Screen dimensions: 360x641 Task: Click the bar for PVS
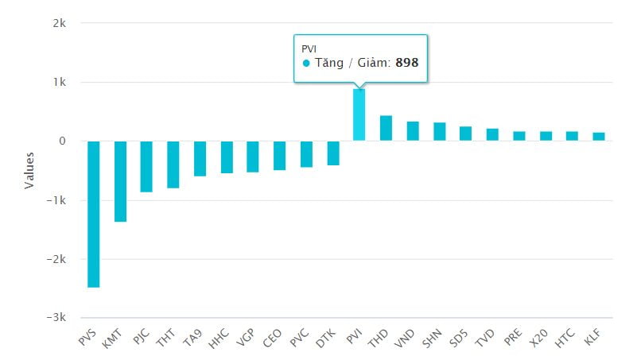pos(93,214)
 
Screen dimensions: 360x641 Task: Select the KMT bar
pos(120,181)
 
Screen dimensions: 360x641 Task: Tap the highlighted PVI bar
pos(359,115)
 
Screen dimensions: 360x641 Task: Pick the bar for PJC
pos(146,166)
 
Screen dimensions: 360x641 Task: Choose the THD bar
pos(386,129)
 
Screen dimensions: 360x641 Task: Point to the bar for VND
pos(413,131)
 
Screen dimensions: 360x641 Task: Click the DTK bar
pos(333,153)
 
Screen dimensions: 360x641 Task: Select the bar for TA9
pos(200,158)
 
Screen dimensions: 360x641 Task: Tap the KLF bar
pos(599,137)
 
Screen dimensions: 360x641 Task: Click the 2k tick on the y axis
pos(60,23)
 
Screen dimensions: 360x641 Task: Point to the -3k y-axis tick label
pos(56,317)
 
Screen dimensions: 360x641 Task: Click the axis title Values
pos(29,170)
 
